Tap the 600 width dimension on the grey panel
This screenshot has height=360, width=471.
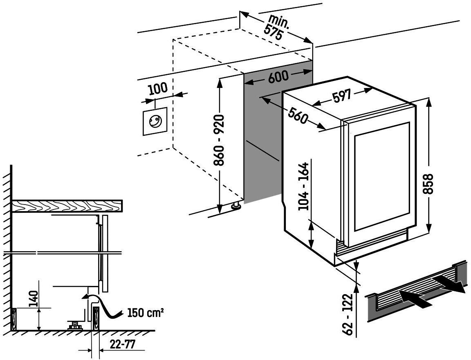(x=278, y=77)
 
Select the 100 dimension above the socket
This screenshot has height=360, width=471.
(x=158, y=88)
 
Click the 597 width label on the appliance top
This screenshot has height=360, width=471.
(x=341, y=97)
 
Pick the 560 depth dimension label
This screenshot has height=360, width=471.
(x=298, y=115)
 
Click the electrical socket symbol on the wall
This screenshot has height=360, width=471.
(x=155, y=121)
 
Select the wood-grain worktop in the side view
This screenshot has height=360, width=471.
(x=67, y=207)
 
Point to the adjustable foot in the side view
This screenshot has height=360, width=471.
(x=74, y=326)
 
